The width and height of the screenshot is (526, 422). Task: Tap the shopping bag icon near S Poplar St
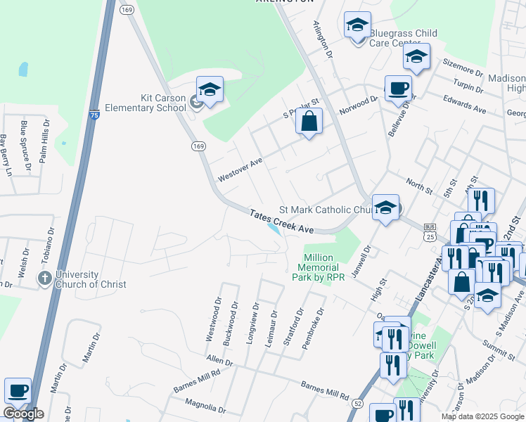coord(309,122)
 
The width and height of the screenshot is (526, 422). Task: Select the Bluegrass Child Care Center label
coord(404,38)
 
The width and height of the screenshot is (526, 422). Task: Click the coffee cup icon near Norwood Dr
coord(398,89)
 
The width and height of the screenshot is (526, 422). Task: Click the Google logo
coord(23,414)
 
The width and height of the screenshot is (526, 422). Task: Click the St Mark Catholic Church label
coord(326,210)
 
